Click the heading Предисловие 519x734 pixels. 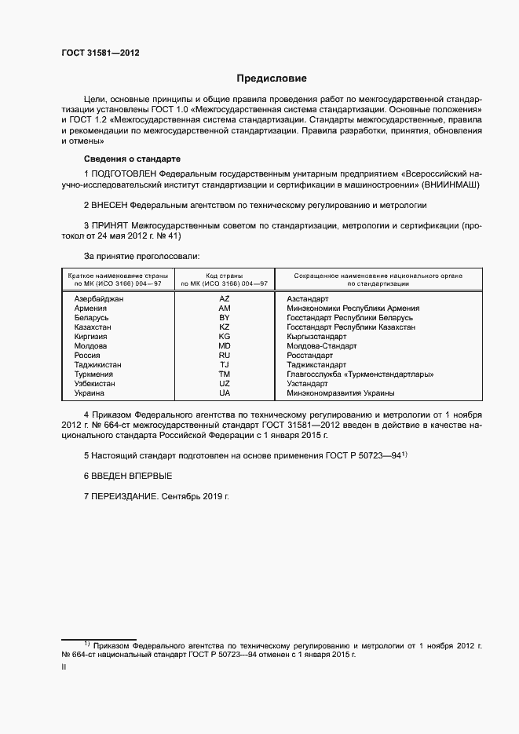click(x=272, y=79)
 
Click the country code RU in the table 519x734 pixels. click(x=225, y=355)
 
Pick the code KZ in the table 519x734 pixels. click(x=225, y=327)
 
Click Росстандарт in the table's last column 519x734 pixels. click(x=311, y=355)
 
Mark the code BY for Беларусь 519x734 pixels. click(x=225, y=317)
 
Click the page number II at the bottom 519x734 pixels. click(x=64, y=666)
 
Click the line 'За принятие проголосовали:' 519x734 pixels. click(x=141, y=256)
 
